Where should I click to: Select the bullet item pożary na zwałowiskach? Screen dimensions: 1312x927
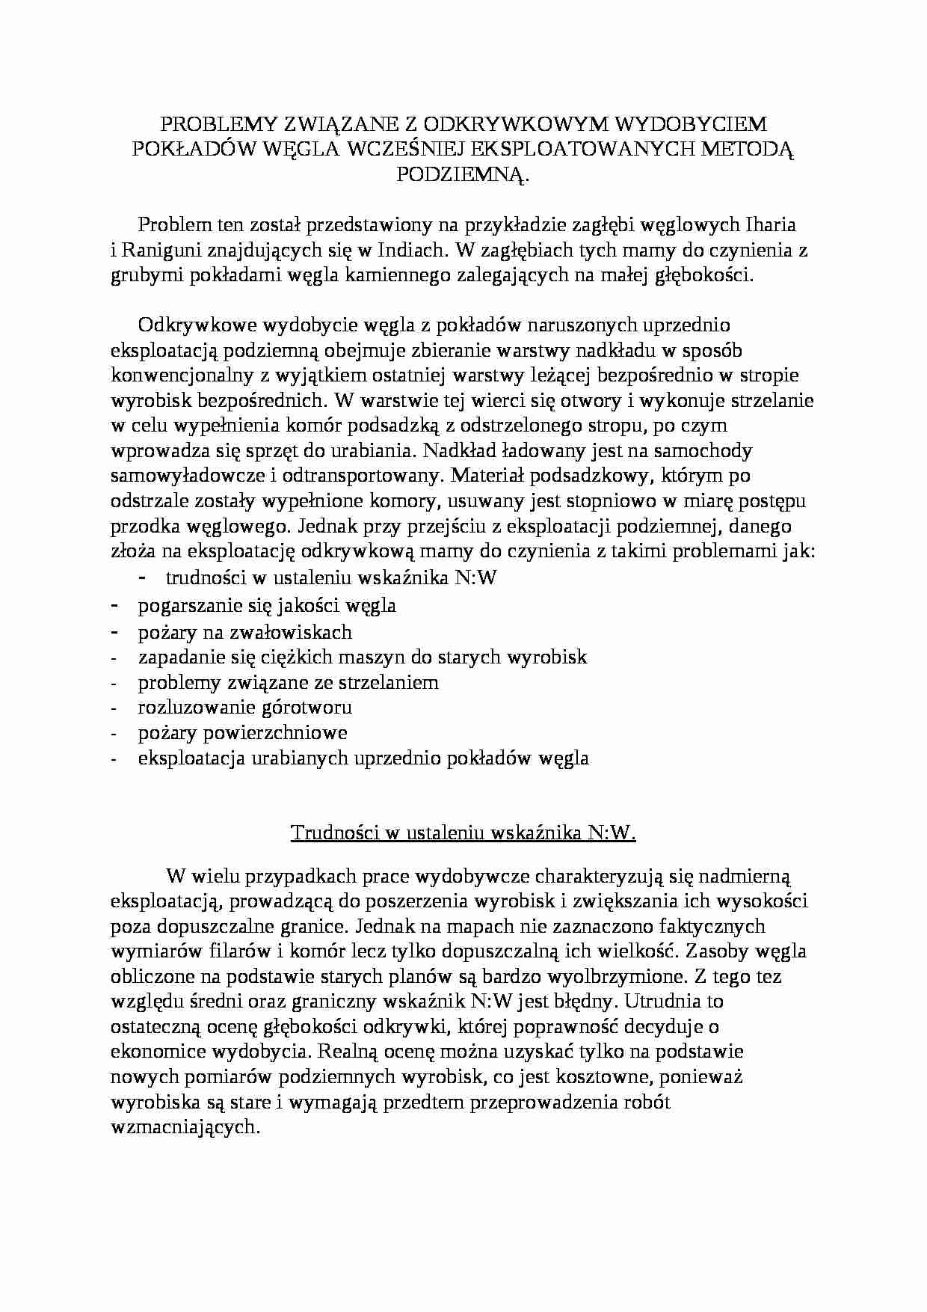tap(244, 632)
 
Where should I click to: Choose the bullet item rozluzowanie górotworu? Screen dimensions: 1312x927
tap(244, 708)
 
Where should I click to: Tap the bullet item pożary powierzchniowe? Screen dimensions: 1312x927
tap(242, 732)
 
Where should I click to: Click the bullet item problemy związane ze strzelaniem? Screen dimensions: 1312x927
tap(288, 682)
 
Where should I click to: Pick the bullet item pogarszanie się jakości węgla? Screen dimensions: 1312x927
tap(267, 607)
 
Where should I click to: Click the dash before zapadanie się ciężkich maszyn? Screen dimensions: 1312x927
tap(114, 657)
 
